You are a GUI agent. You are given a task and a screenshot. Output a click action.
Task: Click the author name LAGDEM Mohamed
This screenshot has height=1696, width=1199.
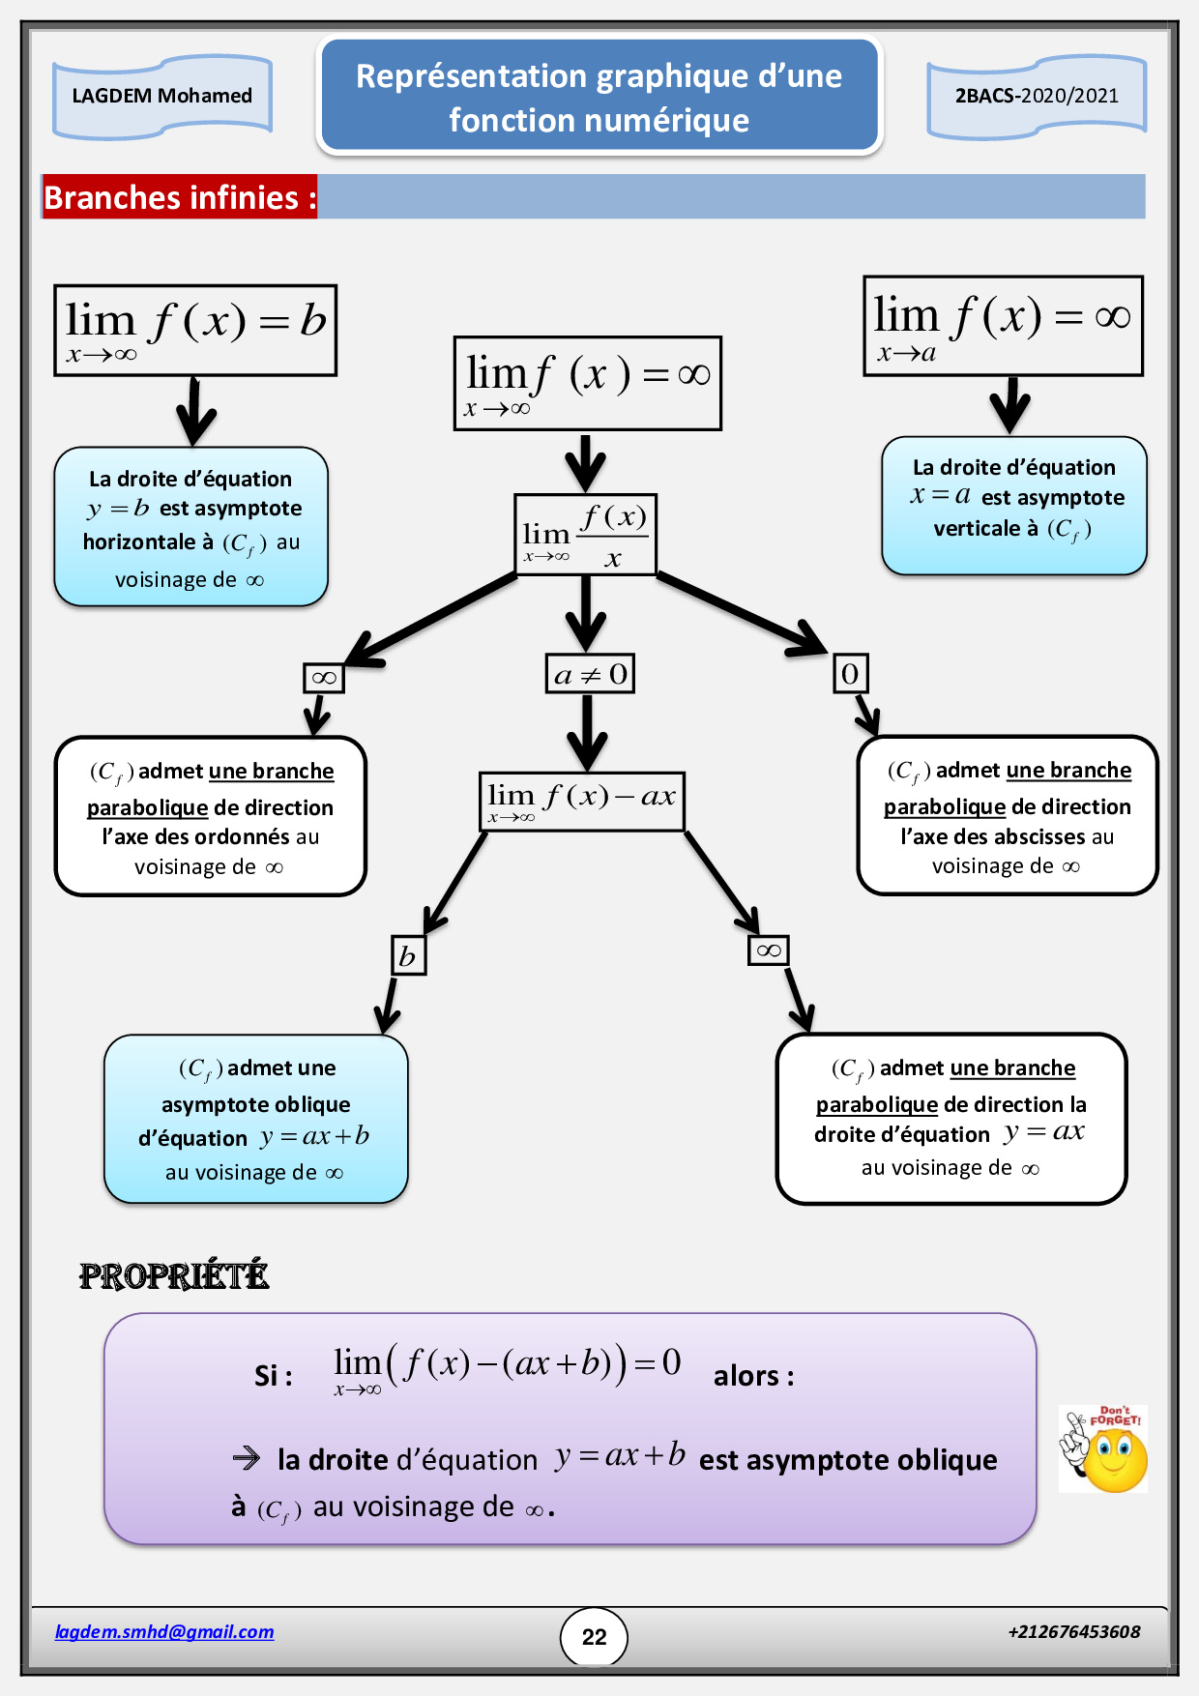161,96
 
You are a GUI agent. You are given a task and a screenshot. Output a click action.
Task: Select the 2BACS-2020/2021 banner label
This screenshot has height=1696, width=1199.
1037,96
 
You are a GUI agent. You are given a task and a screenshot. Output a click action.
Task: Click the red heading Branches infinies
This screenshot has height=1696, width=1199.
180,197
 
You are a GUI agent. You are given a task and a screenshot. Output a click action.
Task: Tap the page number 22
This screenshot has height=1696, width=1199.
594,1636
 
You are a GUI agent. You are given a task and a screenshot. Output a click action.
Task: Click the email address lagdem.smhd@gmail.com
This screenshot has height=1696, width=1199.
164,1632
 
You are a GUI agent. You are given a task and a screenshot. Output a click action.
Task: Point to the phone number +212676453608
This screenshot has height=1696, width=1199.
1073,1632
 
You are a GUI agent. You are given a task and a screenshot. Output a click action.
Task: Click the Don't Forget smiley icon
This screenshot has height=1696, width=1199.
1103,1448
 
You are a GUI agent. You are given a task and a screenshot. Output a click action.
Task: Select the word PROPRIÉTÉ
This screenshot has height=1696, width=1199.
174,1276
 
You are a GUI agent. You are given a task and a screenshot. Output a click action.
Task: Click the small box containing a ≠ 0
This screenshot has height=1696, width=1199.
590,674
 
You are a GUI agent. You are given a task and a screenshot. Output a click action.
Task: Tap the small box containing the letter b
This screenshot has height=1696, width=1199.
408,955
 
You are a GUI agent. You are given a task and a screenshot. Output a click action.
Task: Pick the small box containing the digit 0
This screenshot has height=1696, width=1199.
850,674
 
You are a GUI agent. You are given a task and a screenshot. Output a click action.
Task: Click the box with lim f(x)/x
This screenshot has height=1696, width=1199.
586,535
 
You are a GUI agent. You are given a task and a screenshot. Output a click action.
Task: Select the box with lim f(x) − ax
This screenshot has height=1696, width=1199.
582,801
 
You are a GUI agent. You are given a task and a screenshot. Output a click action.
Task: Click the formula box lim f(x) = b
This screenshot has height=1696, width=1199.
195,330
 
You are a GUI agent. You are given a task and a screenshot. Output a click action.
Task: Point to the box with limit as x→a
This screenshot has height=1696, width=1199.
1003,326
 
